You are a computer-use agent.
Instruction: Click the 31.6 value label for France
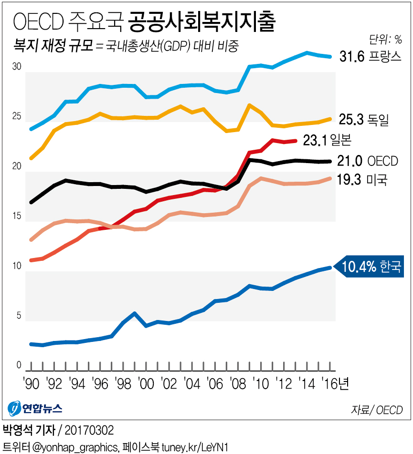click(x=352, y=57)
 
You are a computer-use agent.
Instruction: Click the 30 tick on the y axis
click(x=16, y=67)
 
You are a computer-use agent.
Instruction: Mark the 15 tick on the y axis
click(x=16, y=217)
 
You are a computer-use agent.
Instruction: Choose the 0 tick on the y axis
click(x=19, y=366)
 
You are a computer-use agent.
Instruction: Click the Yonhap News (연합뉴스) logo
click(x=35, y=408)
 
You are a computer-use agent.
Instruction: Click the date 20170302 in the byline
click(x=88, y=431)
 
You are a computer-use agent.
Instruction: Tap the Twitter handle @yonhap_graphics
click(x=76, y=446)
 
